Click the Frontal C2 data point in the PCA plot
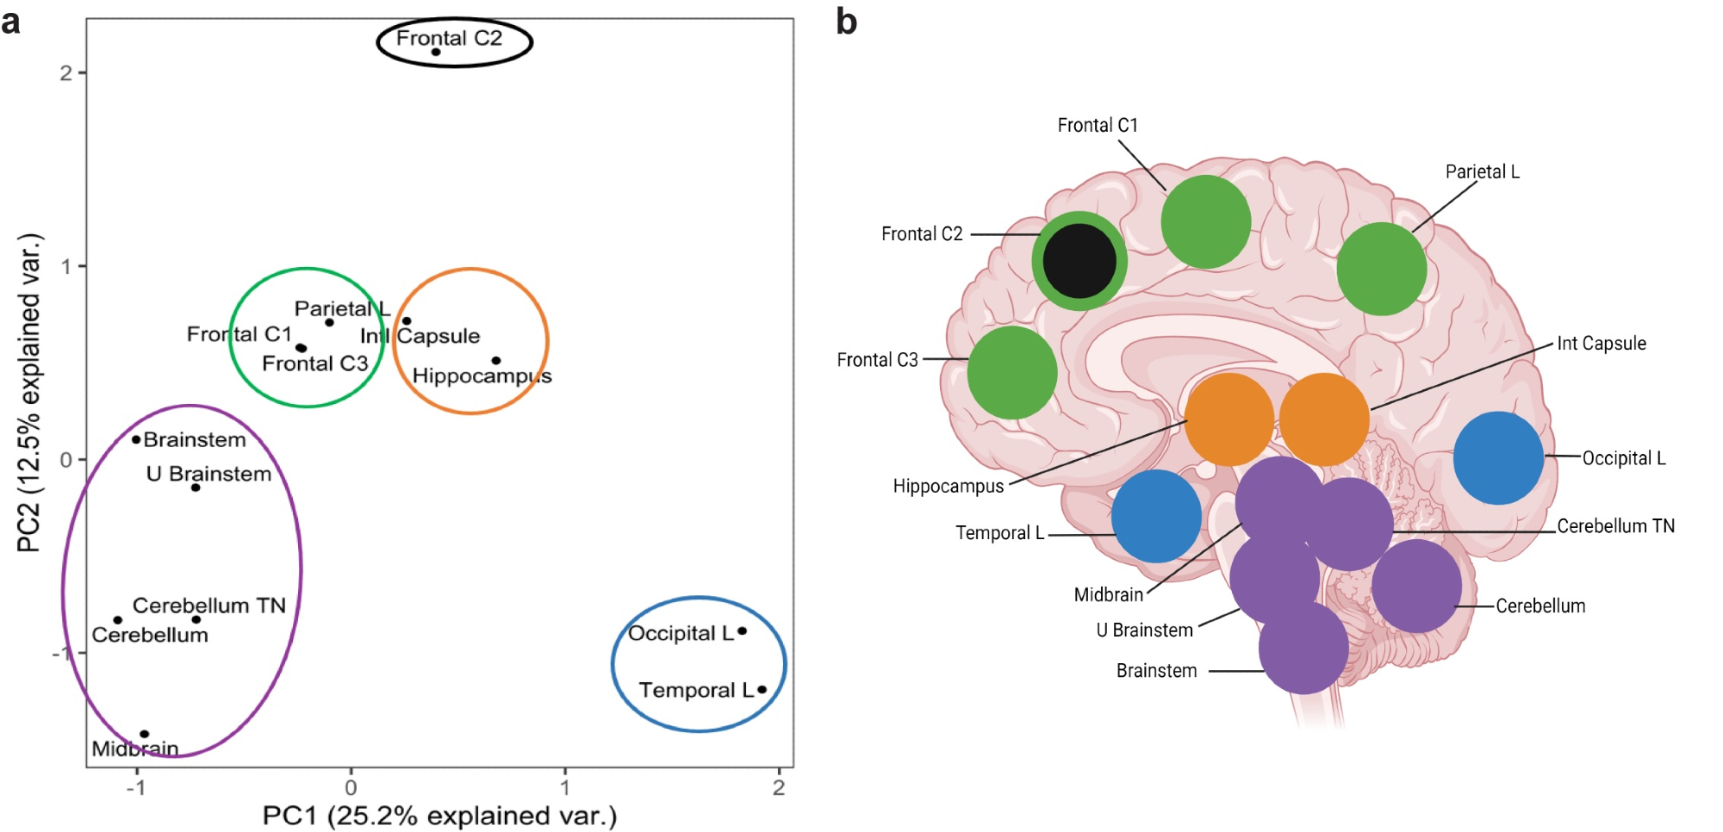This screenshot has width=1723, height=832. (x=436, y=53)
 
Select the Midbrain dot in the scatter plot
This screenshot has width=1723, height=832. (x=145, y=734)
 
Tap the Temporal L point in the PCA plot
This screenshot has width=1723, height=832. (x=762, y=690)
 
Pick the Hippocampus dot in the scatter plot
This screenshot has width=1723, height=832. (x=496, y=361)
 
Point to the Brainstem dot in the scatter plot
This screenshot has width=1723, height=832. (x=136, y=439)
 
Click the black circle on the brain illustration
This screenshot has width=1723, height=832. (x=1079, y=261)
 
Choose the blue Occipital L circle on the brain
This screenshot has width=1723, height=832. (x=1498, y=457)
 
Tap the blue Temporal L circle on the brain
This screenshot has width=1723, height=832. (x=1156, y=516)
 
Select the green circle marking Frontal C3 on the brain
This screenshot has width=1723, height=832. (x=1012, y=372)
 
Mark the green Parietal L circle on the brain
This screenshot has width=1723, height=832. (x=1382, y=269)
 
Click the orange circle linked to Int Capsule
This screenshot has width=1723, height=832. (x=1324, y=419)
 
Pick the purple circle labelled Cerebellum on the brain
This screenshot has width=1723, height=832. (x=1416, y=586)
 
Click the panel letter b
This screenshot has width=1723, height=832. (x=847, y=22)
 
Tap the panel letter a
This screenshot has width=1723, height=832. (x=11, y=22)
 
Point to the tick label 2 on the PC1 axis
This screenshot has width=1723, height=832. (x=779, y=788)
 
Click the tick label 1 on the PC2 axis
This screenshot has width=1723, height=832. (x=66, y=266)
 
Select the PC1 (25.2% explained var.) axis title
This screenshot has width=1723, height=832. (x=439, y=816)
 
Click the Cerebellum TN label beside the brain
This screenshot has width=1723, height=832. (x=1615, y=526)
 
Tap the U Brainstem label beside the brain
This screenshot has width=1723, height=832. (x=1144, y=630)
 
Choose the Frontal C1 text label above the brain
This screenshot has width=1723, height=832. (x=1098, y=126)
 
